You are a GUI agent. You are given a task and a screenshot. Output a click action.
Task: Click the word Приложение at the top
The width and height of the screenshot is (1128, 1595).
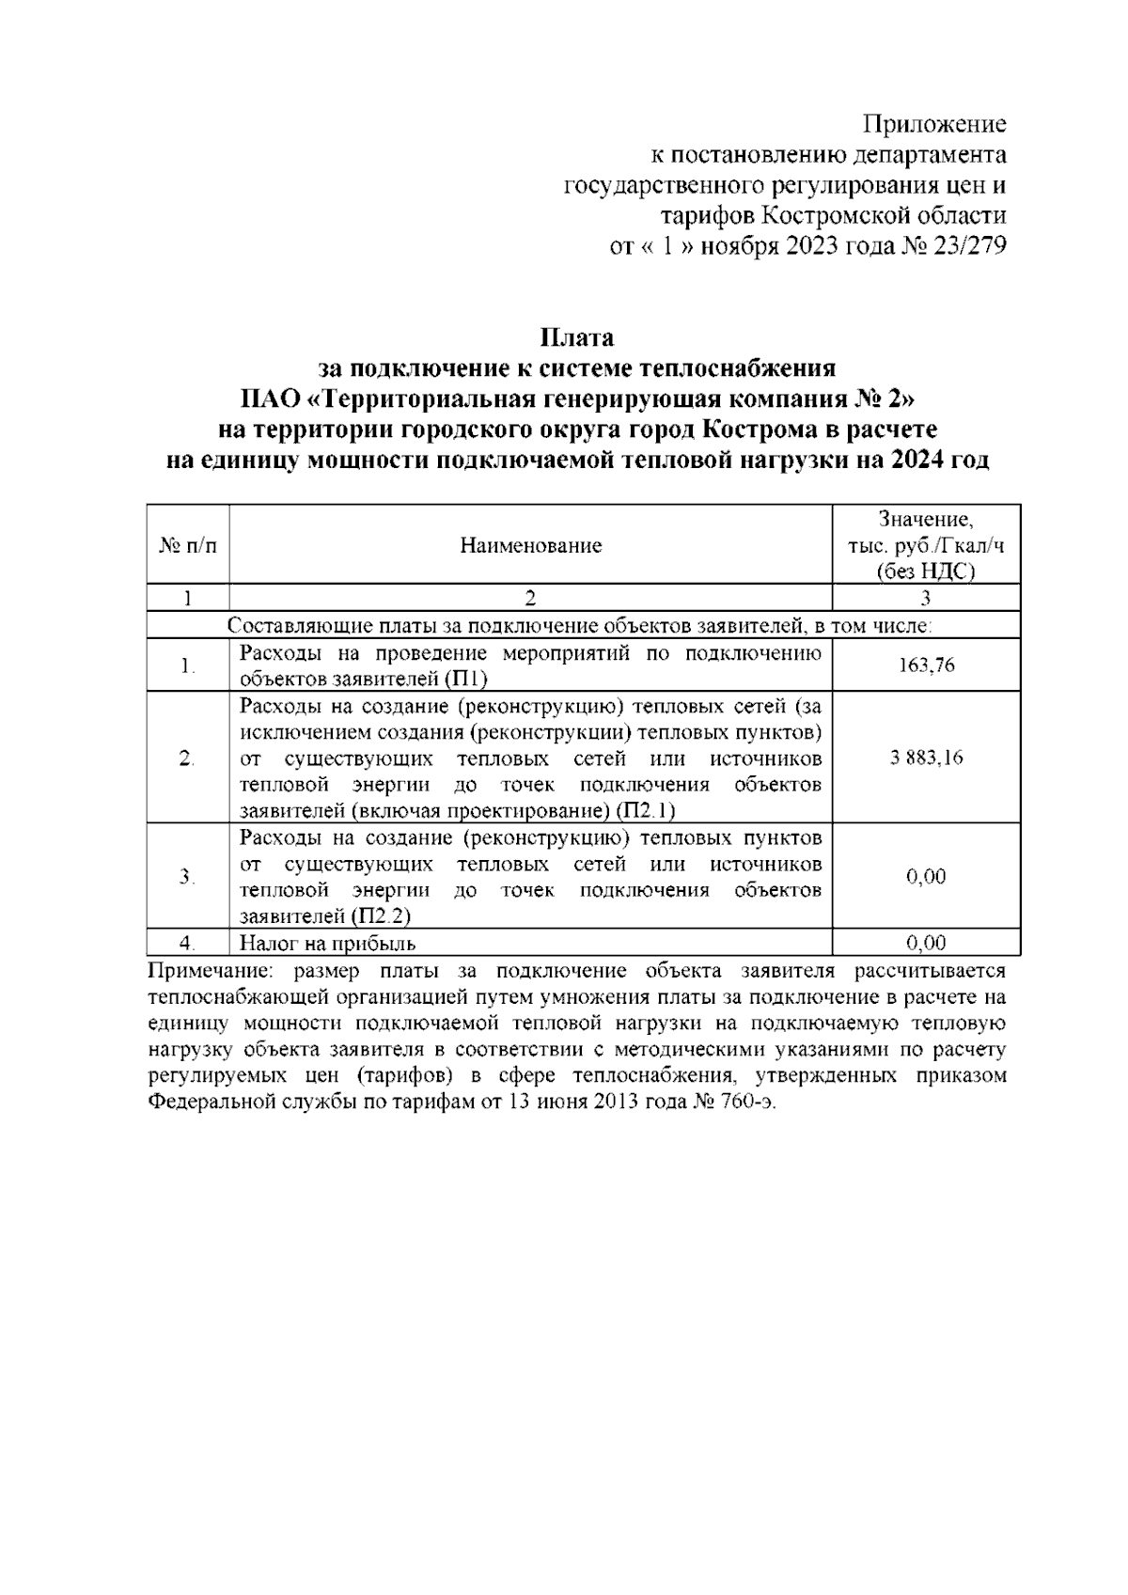coord(934,125)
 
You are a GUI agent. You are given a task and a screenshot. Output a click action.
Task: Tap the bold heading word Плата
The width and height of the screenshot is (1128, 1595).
coord(576,337)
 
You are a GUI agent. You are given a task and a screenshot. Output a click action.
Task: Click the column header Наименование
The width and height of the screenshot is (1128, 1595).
coord(531,546)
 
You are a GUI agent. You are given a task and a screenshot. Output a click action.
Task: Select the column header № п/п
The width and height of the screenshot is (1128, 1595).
coord(188,546)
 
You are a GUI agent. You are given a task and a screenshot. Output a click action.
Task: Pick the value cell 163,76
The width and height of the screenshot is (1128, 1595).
coord(926,665)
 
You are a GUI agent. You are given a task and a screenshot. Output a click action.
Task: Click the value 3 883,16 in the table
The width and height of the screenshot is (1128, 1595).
coord(926,758)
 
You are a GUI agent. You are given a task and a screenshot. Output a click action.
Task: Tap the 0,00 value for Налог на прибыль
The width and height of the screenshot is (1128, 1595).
coord(926,943)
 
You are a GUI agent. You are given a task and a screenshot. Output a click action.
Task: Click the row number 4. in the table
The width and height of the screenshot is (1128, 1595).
coord(187,943)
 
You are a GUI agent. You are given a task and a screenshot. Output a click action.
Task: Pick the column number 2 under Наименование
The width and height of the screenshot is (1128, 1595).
coord(531,598)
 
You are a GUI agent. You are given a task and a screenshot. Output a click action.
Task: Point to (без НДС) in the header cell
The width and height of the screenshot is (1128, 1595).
coord(926,571)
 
